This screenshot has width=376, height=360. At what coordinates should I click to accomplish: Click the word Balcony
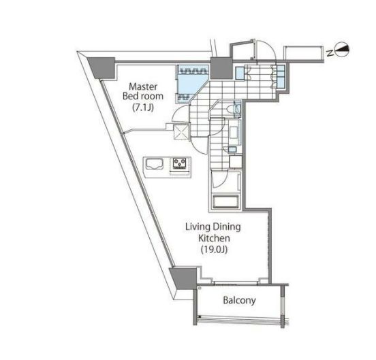239,300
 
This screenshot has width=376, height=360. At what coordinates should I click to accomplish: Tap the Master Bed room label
143,91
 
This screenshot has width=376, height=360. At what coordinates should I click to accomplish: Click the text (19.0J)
214,250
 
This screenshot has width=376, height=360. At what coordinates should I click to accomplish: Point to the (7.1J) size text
143,108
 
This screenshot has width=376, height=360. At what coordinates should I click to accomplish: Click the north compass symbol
342,50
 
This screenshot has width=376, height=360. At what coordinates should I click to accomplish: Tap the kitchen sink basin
154,164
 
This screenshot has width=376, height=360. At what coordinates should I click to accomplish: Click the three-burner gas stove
180,163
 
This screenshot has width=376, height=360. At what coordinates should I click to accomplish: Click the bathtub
225,202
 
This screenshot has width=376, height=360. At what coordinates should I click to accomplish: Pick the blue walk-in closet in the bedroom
193,84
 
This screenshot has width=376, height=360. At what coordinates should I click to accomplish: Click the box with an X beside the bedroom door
181,131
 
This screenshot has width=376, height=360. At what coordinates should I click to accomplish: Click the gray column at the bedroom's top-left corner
101,68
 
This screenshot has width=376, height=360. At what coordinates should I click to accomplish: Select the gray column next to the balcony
184,279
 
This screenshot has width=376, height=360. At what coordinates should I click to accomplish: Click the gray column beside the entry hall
221,68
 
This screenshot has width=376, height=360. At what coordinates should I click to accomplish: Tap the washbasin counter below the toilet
234,133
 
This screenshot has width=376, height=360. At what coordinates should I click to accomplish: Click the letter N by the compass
330,52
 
